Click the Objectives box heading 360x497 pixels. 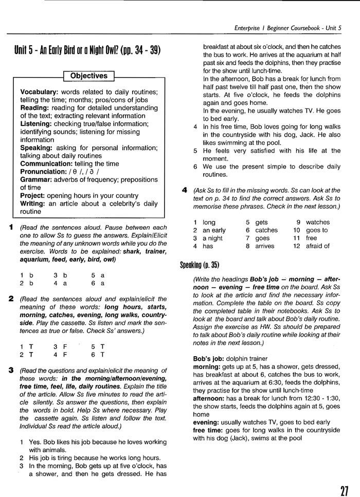click(x=88, y=76)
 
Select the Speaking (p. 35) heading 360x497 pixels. click(x=200, y=265)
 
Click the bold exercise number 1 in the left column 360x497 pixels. click(x=11, y=227)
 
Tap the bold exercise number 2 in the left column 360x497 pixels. click(x=11, y=299)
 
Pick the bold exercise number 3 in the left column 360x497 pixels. click(x=11, y=370)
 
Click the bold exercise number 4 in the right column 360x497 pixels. click(x=184, y=190)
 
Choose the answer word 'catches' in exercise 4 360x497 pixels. click(x=266, y=230)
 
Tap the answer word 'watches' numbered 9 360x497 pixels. click(x=318, y=222)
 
